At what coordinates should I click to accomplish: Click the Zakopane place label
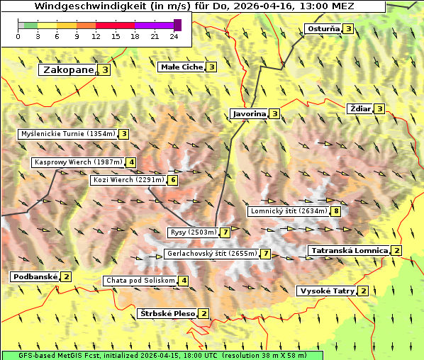pyautogui.click(x=68, y=70)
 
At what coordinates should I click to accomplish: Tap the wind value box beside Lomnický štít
pyautogui.click(x=336, y=211)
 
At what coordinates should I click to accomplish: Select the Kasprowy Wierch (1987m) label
pyautogui.click(x=78, y=162)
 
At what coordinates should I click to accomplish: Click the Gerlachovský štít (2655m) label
pyautogui.click(x=211, y=254)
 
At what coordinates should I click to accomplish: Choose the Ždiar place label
pyautogui.click(x=360, y=108)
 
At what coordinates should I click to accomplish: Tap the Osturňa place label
pyautogui.click(x=323, y=29)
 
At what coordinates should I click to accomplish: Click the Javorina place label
pyautogui.click(x=249, y=113)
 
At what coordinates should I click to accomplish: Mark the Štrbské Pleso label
pyautogui.click(x=167, y=314)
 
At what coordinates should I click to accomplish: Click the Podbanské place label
pyautogui.click(x=34, y=276)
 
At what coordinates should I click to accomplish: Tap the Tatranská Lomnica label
pyautogui.click(x=349, y=250)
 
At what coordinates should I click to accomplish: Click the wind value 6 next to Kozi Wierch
pyautogui.click(x=173, y=180)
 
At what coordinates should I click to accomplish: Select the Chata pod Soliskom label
pyautogui.click(x=140, y=281)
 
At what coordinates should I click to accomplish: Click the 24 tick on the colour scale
pyautogui.click(x=174, y=36)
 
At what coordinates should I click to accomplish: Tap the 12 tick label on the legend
pyautogui.click(x=96, y=36)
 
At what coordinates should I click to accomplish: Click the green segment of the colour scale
pyautogui.click(x=30, y=25)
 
